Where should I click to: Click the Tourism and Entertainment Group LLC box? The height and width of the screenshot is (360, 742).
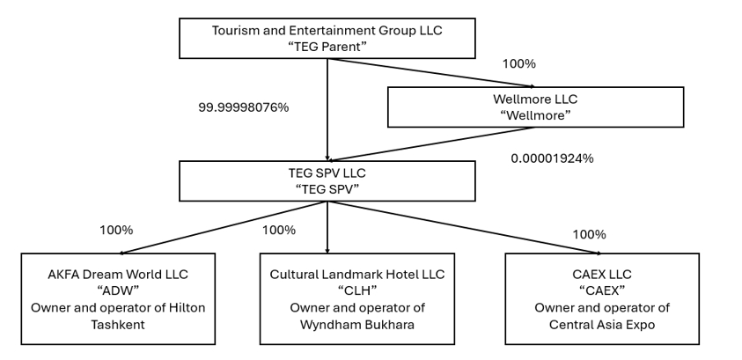click(327, 39)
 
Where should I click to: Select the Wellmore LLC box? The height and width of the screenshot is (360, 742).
click(535, 107)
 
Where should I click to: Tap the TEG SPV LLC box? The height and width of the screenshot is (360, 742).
click(327, 181)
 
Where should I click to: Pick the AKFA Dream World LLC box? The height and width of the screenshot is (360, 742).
click(118, 299)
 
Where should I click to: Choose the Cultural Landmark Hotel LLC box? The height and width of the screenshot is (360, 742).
click(357, 299)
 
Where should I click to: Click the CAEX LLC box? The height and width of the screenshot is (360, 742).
click(602, 299)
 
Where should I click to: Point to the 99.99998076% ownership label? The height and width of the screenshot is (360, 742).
click(243, 108)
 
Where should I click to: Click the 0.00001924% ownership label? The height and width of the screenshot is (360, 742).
click(552, 158)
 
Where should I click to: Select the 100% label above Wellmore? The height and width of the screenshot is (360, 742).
click(518, 64)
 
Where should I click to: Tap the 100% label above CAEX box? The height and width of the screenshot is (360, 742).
click(589, 235)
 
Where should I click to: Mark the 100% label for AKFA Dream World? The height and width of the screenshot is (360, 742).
click(116, 231)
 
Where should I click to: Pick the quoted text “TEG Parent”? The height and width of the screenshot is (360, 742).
click(327, 47)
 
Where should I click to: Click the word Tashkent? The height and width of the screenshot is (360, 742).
click(118, 325)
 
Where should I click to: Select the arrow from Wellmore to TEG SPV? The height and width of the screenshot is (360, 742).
click(431, 144)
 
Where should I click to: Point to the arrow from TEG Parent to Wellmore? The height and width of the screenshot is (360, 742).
click(431, 73)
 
